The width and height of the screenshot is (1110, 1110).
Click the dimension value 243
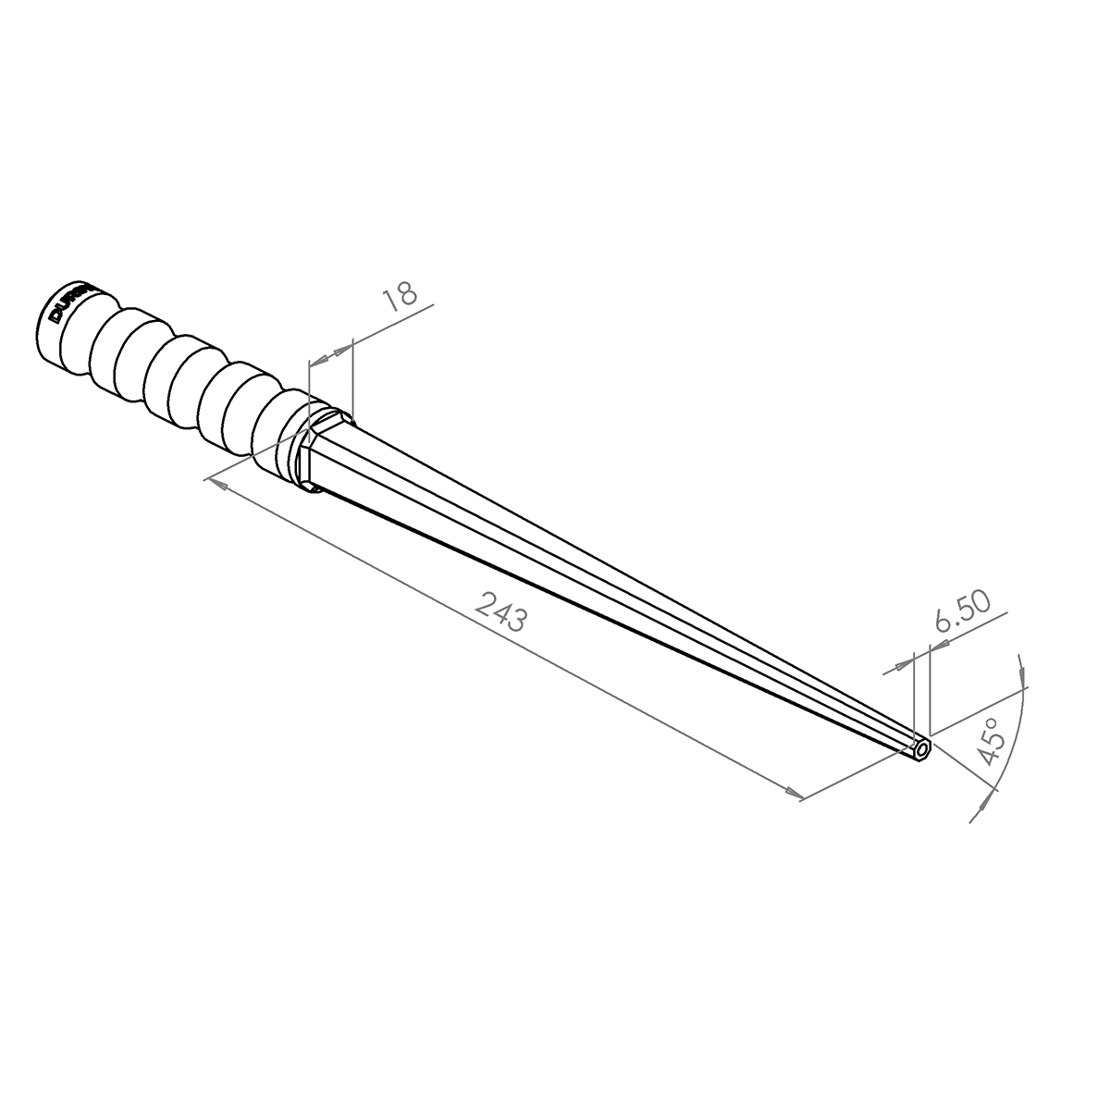(x=500, y=611)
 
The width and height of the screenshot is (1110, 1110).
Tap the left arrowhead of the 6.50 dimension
(x=902, y=665)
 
